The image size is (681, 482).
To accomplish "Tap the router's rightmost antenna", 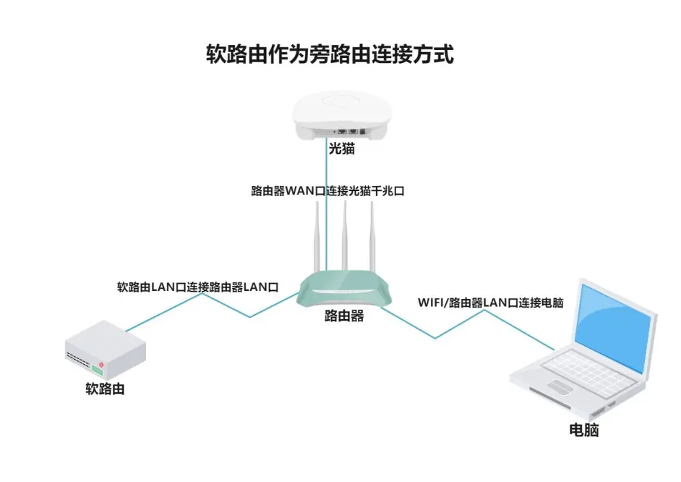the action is click(372, 235).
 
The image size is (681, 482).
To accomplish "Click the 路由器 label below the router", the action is click(344, 316).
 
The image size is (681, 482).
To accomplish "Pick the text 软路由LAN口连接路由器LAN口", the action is click(198, 287).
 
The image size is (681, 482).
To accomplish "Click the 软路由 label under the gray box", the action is click(106, 389).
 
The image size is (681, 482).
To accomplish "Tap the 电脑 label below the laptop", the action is click(584, 430).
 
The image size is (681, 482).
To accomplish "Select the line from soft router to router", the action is click(217, 305).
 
